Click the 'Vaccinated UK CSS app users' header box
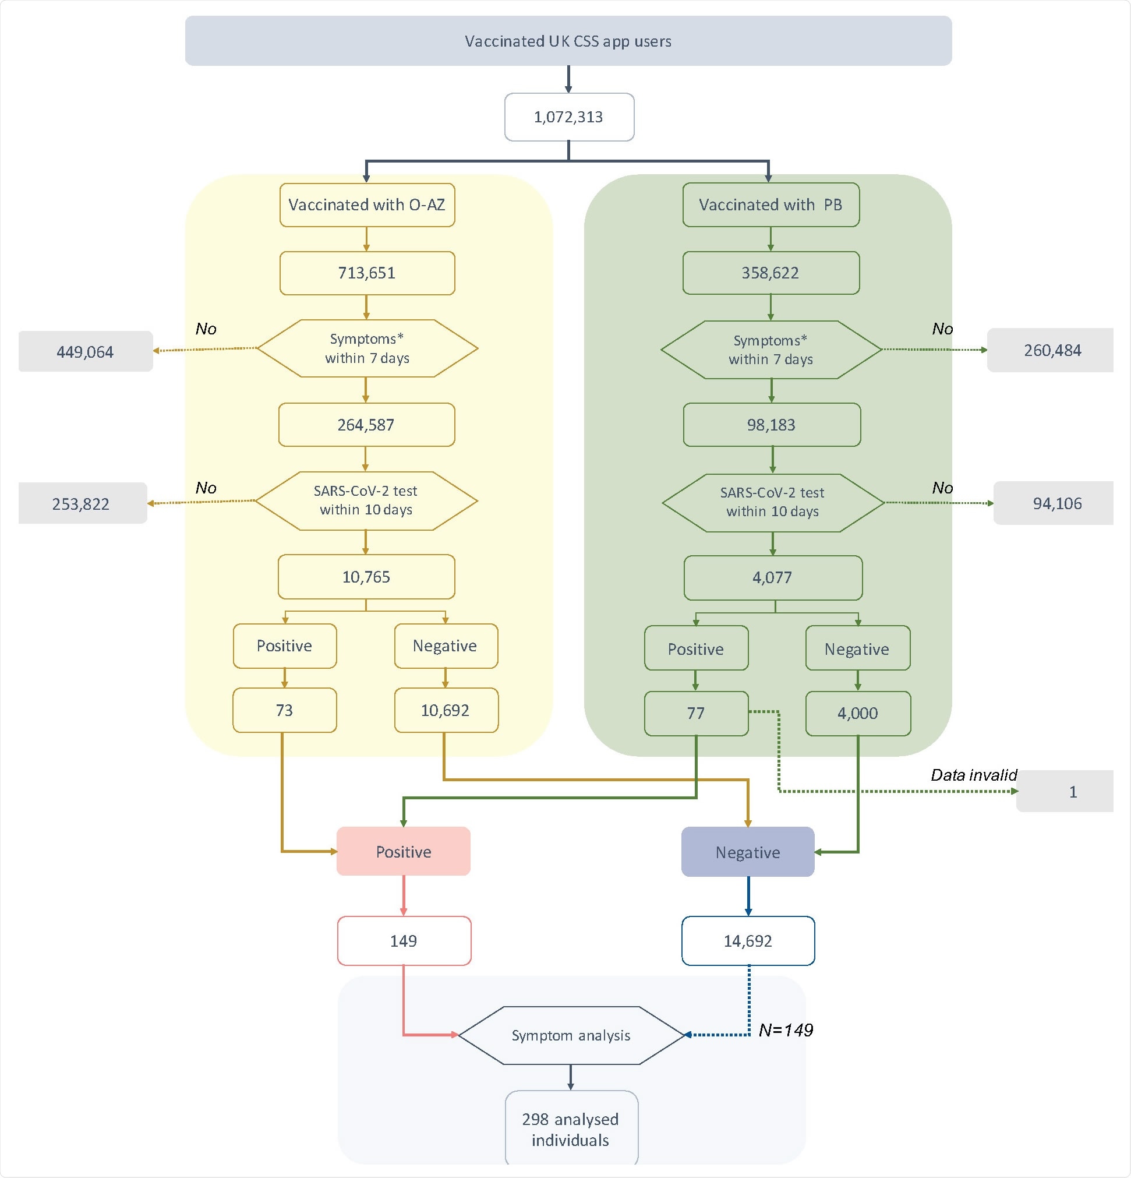coord(568,41)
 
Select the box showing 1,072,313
coord(568,117)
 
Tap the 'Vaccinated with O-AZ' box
coord(366,205)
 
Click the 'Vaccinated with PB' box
coord(771,205)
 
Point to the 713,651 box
coord(366,273)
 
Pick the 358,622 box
coord(771,273)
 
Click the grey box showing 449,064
coord(86,352)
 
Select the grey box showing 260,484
coord(1052,350)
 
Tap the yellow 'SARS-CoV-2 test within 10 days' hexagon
coord(366,500)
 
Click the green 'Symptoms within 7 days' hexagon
coord(771,350)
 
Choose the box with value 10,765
coord(366,577)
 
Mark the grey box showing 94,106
coord(1056,504)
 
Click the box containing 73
coord(284,710)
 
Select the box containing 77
coord(696,714)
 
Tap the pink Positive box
coord(403,852)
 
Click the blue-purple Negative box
coord(748,852)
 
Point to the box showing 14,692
coord(748,941)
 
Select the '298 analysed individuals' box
coord(571,1129)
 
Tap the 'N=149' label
coord(786,1031)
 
